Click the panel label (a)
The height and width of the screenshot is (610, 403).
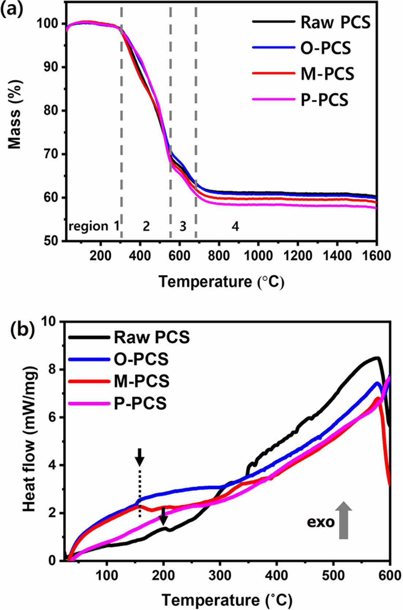(12, 8)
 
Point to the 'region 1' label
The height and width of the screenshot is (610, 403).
(94, 226)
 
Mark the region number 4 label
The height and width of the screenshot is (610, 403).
(235, 226)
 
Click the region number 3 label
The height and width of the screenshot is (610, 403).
(183, 226)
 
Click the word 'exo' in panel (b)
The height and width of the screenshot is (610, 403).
(321, 522)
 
